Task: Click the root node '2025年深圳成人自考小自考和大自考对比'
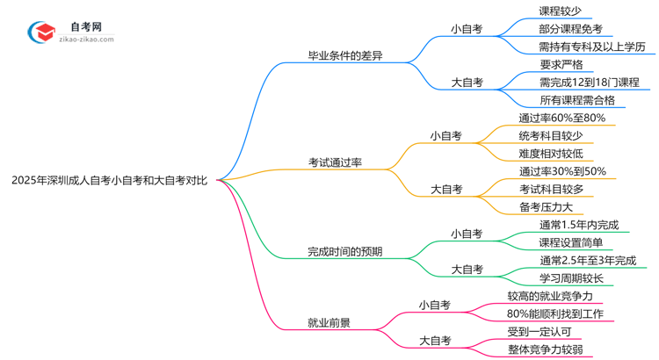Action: pos(110,180)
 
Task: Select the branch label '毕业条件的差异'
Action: pos(344,55)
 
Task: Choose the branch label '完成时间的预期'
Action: pos(344,251)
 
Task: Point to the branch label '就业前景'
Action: pos(329,322)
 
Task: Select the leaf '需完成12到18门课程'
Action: pos(590,82)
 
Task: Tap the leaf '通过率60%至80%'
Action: pos(561,118)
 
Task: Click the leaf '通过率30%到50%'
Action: pos(562,171)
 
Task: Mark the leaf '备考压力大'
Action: pos(547,207)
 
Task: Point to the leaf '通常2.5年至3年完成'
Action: pos(588,260)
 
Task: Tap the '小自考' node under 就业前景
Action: pos(434,305)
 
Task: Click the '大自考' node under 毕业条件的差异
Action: pos(467,82)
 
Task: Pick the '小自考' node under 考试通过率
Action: pos(445,136)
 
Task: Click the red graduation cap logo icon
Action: pos(40,32)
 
